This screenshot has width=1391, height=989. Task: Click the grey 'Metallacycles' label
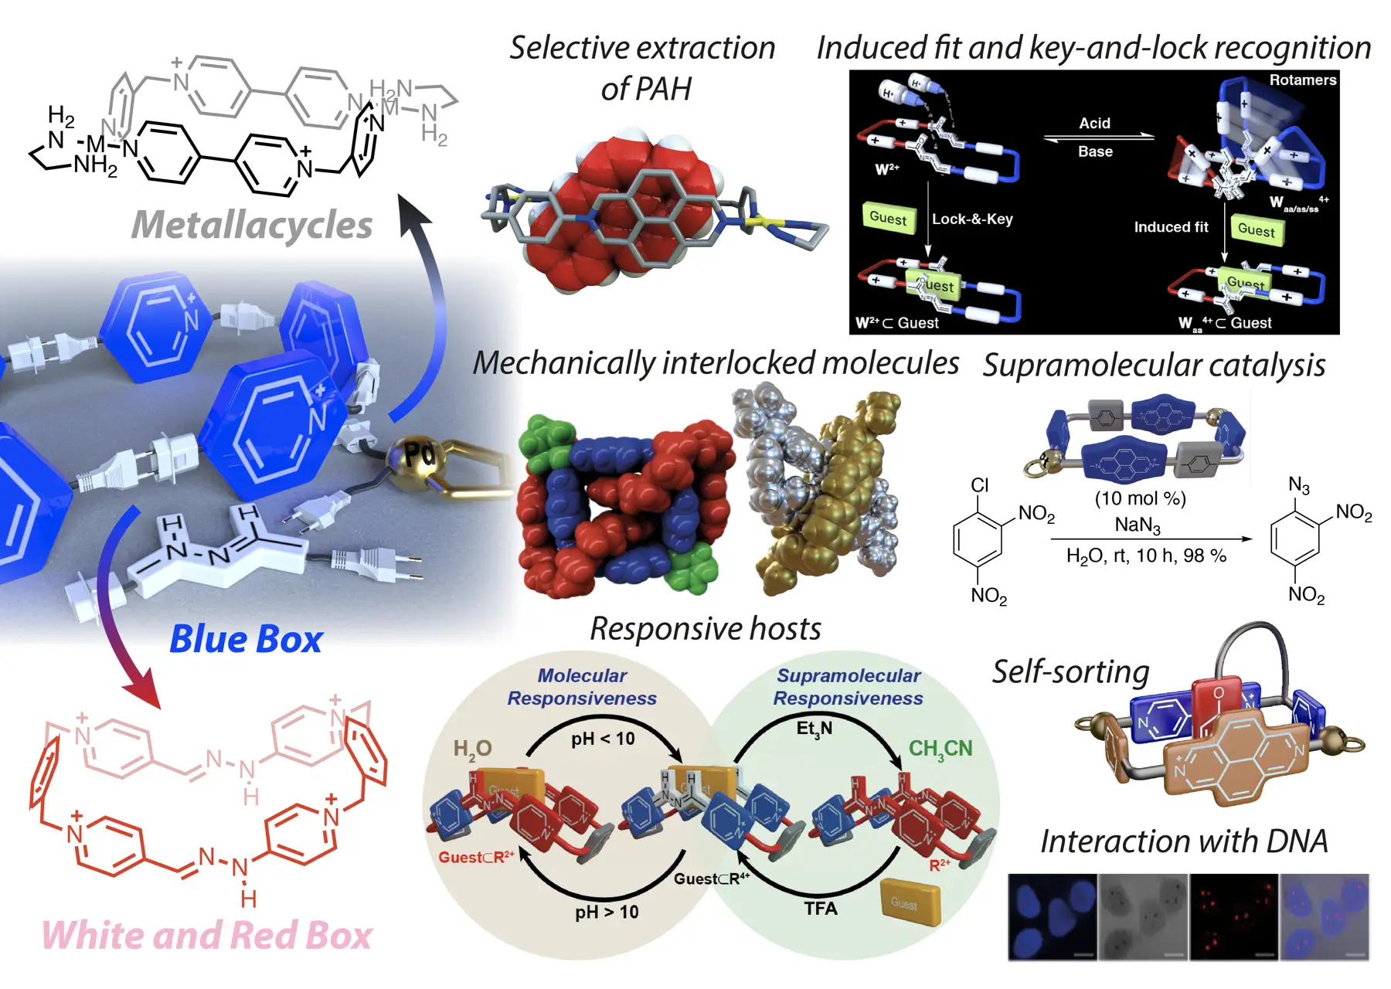coord(252,226)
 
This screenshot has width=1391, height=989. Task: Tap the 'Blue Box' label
coord(246,640)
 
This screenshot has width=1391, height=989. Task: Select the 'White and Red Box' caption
coord(207,936)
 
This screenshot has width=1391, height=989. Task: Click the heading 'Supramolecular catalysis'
coord(1154,365)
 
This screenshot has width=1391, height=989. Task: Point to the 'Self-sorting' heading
coord(1071,671)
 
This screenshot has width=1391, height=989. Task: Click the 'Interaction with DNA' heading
coord(1184,841)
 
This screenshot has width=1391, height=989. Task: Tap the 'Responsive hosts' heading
coord(706,629)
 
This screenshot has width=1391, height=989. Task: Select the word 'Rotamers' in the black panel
coord(1302,80)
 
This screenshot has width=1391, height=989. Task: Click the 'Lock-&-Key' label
coord(972,219)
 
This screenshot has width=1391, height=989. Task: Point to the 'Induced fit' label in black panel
coord(1171,227)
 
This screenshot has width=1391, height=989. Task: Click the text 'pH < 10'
coord(603,739)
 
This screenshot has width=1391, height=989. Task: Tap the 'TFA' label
coord(821,909)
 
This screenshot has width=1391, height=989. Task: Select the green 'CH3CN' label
coord(940,749)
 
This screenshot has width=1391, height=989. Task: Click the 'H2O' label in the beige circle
coord(472,749)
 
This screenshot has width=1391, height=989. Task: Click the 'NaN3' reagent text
coord(1138,525)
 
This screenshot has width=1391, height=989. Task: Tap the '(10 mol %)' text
coord(1140,499)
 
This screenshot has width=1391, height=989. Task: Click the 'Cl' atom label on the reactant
coord(980,485)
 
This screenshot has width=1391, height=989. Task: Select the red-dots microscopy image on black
coord(1233,917)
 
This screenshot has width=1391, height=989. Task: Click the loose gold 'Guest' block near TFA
coord(910,902)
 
